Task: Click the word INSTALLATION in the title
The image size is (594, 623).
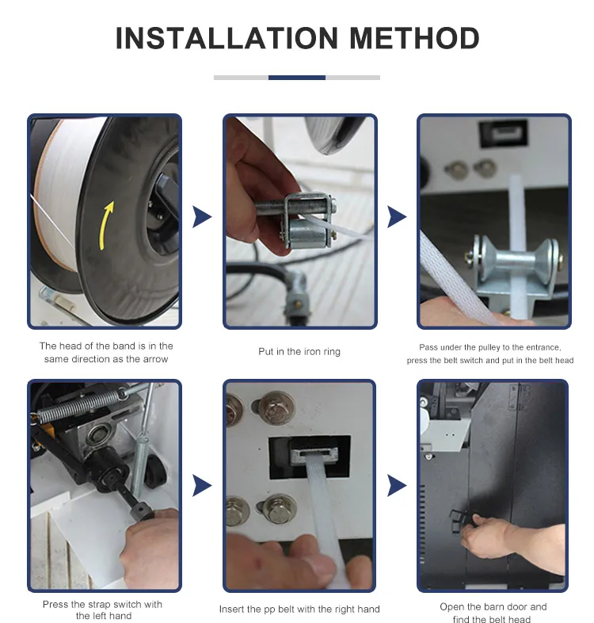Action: coord(227,38)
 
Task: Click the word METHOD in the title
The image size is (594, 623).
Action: coord(414,38)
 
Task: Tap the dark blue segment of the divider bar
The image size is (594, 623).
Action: coord(296,78)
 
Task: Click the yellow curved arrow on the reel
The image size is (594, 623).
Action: coord(106,225)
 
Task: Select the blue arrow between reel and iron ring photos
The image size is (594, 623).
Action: coord(202,217)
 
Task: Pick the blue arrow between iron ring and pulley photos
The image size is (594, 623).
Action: coord(397,217)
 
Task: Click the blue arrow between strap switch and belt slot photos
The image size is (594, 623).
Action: coord(202,486)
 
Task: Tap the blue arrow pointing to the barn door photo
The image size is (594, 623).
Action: coord(397,486)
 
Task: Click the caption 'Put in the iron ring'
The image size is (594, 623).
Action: coord(299,352)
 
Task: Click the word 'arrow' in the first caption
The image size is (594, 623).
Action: coord(155,359)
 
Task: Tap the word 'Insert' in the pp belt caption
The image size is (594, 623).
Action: coord(231,609)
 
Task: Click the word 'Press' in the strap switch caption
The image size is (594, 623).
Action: coord(55,604)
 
